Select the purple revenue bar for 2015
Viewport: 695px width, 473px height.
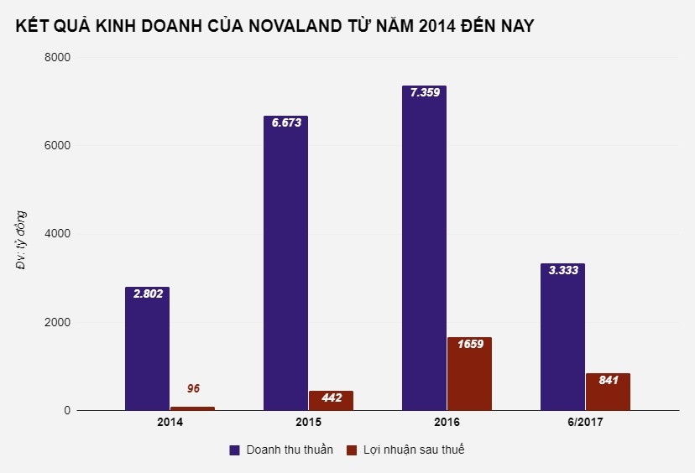tap(285, 268)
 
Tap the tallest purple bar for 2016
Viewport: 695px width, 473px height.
tap(424, 252)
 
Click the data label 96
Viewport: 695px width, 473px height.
tap(193, 388)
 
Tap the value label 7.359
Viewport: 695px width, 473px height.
tap(424, 93)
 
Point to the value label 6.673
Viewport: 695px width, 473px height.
tap(285, 122)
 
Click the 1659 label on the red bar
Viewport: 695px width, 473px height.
tap(469, 344)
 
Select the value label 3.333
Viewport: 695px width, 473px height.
tap(562, 270)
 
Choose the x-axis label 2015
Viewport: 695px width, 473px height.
tap(308, 423)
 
